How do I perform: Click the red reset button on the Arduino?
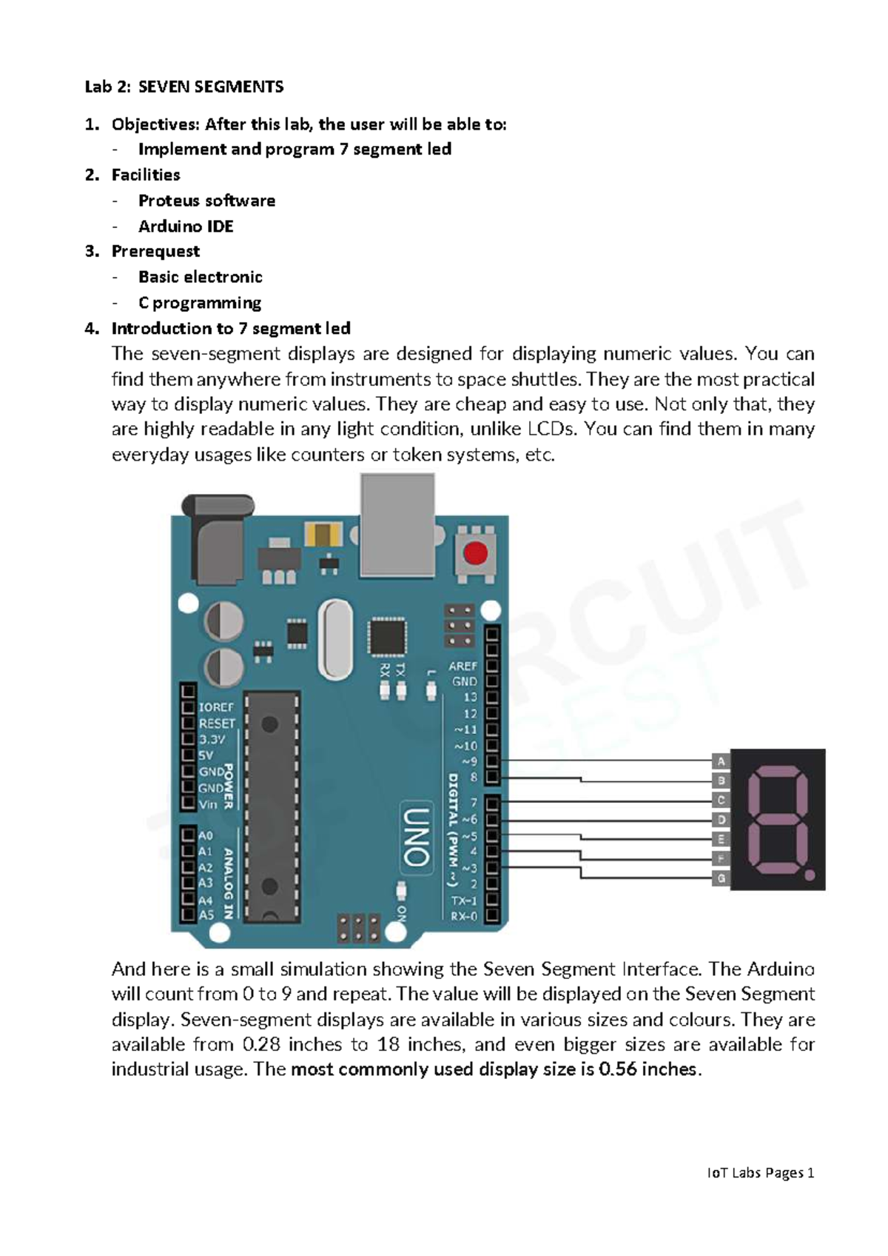coord(476,554)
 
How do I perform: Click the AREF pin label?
coord(462,666)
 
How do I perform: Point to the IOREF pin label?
coord(216,708)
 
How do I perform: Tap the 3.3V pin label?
coord(211,740)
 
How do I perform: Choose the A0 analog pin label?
coord(206,835)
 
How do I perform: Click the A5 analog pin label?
coord(206,915)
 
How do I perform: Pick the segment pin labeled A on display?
coord(721,761)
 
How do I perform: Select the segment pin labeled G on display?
coord(721,878)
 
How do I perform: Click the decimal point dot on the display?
coord(809,875)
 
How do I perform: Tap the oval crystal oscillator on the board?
coord(335,638)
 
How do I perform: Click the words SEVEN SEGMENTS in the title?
coord(211,87)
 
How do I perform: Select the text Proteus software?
coord(206,201)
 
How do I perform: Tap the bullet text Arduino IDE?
coord(186,227)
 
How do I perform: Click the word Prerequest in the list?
coord(155,252)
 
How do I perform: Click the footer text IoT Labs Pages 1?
coord(760,1173)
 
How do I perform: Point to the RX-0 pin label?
coord(464,916)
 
